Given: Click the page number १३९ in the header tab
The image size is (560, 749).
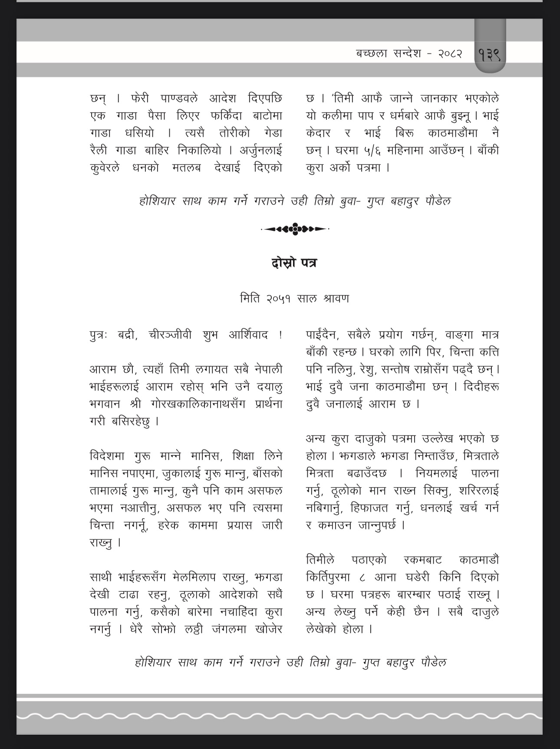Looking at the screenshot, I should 490,55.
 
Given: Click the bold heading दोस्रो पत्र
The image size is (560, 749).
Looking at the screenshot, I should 294,263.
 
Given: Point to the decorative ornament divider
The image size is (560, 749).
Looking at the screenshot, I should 295,229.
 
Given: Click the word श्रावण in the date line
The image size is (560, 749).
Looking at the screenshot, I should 336,299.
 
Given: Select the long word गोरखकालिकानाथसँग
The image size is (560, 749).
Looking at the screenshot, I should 198,404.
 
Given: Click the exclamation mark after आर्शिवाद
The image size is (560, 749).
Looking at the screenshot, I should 280,335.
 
